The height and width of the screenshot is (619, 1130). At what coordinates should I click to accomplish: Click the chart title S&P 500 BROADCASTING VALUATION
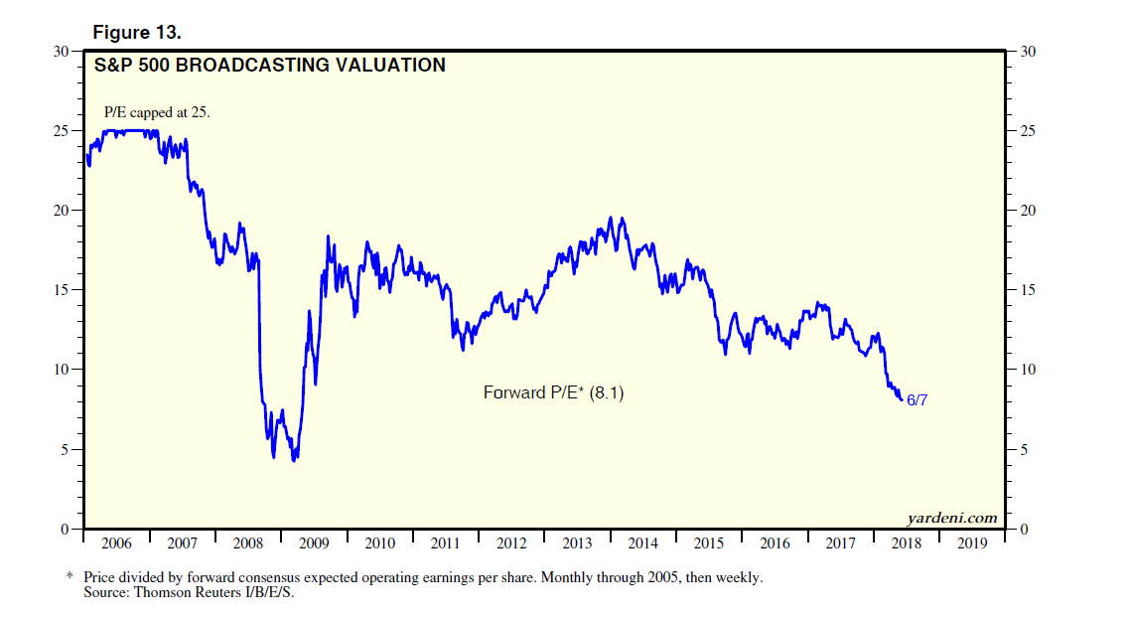(x=269, y=67)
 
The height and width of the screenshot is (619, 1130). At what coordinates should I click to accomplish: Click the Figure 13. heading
(x=137, y=33)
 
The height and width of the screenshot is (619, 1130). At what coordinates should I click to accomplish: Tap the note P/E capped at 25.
(x=158, y=112)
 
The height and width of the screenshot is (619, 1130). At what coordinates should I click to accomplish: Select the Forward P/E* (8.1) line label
(x=554, y=392)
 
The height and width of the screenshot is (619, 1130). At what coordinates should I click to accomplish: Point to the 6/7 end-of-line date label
(x=917, y=400)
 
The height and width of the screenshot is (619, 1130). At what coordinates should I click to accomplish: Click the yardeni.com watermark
(x=951, y=518)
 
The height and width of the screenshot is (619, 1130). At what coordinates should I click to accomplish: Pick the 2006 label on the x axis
(x=117, y=543)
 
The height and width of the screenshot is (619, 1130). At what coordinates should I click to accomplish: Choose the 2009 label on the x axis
(x=314, y=543)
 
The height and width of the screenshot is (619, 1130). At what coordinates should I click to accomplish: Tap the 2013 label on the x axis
(x=577, y=543)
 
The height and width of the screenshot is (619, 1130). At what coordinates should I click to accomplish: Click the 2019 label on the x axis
(x=972, y=543)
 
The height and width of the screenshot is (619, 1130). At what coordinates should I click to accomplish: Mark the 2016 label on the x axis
(x=775, y=543)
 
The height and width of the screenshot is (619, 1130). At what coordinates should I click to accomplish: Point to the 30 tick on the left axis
(x=62, y=52)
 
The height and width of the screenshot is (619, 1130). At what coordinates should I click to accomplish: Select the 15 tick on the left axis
(x=62, y=290)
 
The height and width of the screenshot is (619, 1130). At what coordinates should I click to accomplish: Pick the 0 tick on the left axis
(x=66, y=529)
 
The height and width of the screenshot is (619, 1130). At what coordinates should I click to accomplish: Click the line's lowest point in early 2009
(x=294, y=460)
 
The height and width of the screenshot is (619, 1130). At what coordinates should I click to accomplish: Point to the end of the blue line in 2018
(x=902, y=399)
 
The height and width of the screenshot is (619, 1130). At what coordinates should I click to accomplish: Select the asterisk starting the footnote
(x=70, y=576)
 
